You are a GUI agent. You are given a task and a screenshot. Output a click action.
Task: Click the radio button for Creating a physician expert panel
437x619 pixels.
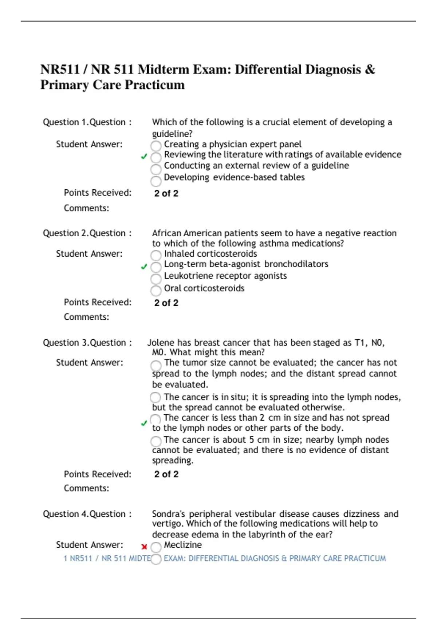click(x=156, y=146)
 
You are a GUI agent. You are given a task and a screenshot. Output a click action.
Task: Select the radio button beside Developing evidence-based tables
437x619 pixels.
click(x=156, y=181)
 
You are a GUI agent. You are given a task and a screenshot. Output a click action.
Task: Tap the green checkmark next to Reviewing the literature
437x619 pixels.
click(x=144, y=157)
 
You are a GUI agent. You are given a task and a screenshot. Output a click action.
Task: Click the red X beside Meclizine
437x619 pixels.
click(x=144, y=547)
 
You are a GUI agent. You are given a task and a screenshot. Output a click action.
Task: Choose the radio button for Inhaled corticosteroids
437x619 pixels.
click(x=156, y=255)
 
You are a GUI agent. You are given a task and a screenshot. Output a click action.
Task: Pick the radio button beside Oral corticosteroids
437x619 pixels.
click(x=156, y=291)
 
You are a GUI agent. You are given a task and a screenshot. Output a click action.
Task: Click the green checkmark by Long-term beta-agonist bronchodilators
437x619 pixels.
click(x=144, y=267)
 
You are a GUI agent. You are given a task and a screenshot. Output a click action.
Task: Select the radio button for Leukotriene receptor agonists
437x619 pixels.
click(x=156, y=279)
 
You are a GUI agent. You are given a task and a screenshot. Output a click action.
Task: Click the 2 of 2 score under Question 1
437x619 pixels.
click(x=166, y=193)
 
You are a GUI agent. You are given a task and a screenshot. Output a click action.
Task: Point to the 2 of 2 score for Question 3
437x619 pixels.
click(x=166, y=474)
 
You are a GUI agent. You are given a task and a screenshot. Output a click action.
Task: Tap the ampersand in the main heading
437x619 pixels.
click(x=370, y=69)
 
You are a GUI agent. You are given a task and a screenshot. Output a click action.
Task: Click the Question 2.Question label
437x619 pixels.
click(x=87, y=233)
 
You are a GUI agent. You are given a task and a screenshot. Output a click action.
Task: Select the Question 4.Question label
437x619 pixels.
click(x=87, y=514)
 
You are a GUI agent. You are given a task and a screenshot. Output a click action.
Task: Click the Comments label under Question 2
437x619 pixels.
click(x=86, y=317)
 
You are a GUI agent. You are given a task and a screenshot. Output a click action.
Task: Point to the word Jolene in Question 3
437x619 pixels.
click(x=161, y=343)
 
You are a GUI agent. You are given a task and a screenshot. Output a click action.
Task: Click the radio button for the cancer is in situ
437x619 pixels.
click(x=155, y=397)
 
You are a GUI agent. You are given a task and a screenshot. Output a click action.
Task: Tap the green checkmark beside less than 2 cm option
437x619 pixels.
click(x=144, y=423)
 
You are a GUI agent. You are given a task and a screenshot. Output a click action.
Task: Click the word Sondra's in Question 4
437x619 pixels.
click(x=168, y=514)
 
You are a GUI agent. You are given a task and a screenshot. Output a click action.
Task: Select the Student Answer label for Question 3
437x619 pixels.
click(x=89, y=362)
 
